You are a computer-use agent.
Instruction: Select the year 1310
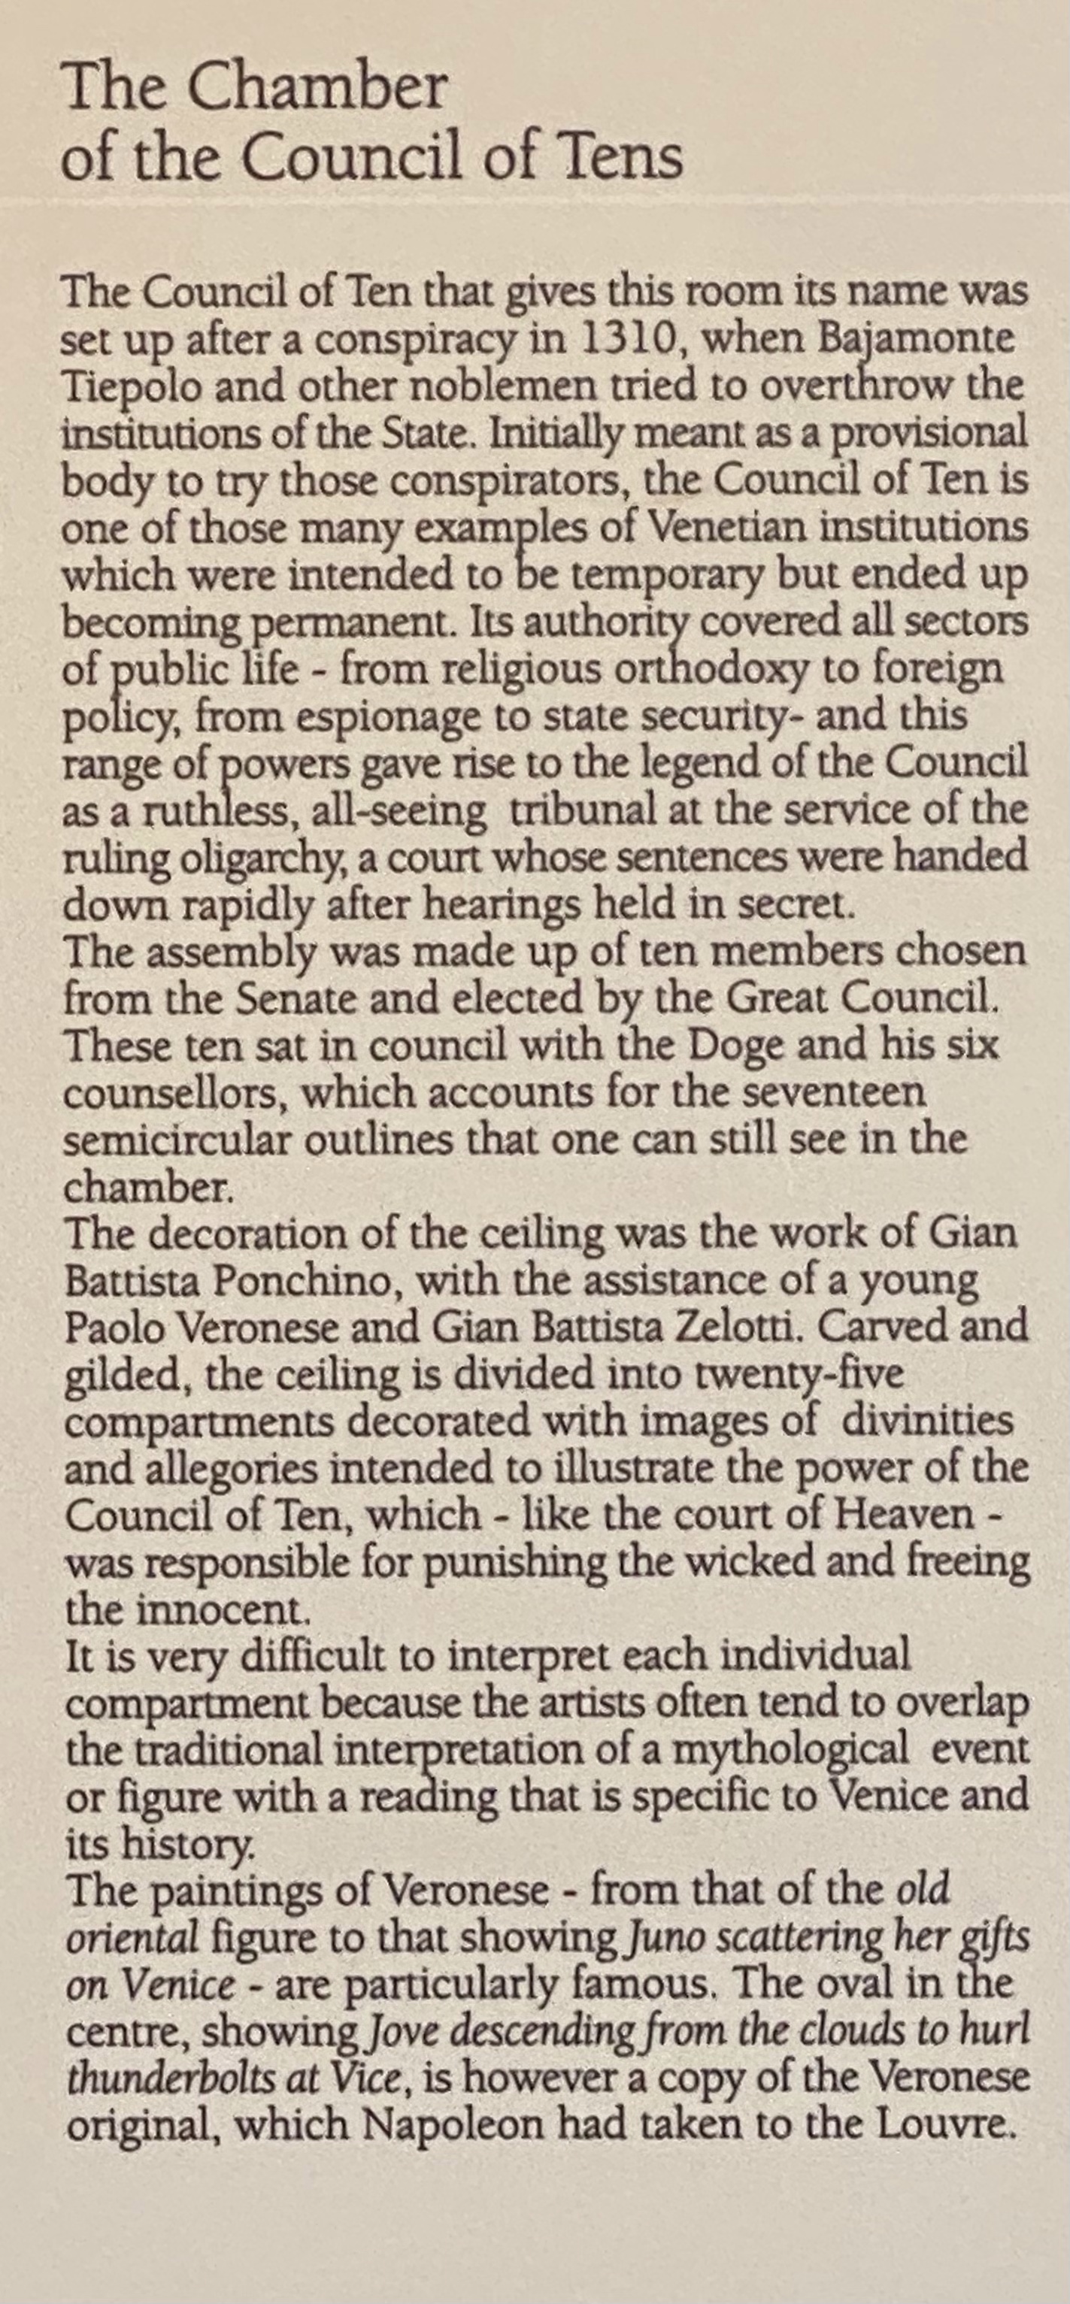pos(624,340)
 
